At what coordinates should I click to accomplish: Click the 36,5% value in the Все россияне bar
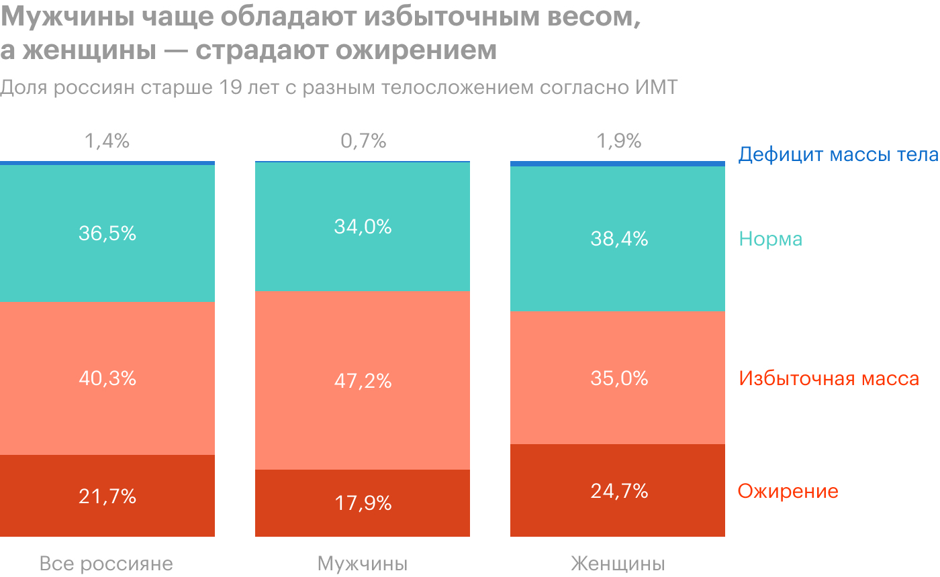(107, 233)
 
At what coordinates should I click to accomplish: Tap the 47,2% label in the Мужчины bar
(363, 381)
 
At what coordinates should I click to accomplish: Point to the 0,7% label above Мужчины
(363, 142)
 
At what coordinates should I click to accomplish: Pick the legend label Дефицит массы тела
(838, 155)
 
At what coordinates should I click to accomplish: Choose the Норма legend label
(770, 240)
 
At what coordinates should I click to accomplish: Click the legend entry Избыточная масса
(829, 378)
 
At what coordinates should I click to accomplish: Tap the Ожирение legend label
(788, 491)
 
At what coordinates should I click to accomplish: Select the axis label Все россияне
(106, 564)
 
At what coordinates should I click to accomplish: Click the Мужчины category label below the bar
(363, 564)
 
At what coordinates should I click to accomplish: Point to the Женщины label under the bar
(618, 564)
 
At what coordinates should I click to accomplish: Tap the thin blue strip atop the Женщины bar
(618, 164)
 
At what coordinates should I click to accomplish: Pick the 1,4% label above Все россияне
(107, 142)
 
